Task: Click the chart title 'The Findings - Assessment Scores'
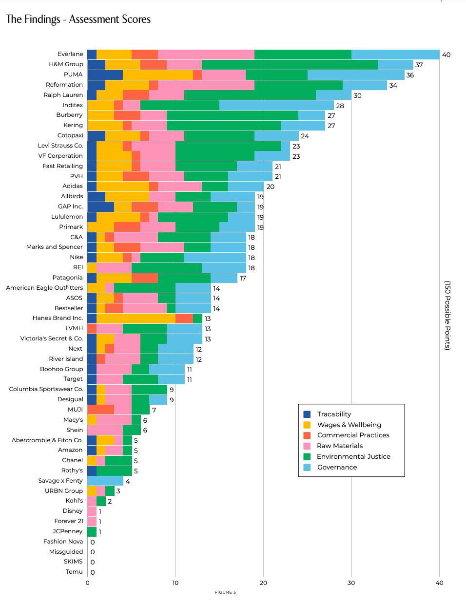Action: pos(78,19)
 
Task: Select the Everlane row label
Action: pos(70,54)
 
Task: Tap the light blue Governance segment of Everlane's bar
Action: pos(395,54)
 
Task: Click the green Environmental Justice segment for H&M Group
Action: pos(290,64)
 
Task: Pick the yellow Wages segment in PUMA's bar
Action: pos(157,75)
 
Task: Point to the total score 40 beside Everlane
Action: pos(446,55)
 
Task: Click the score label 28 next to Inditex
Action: pos(340,106)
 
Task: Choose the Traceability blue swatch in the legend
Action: pos(307,414)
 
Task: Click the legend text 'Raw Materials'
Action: pos(340,446)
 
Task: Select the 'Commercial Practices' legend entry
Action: pos(353,435)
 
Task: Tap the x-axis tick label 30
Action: pos(351,583)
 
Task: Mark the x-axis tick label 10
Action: pos(175,583)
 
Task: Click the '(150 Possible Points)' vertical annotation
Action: pos(447,315)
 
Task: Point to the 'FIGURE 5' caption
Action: pos(225,592)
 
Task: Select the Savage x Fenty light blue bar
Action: pos(105,481)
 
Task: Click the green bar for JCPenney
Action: pos(92,531)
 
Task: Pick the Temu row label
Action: pos(74,572)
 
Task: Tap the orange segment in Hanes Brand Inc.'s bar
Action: pos(184,318)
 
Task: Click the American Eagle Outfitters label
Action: pos(44,288)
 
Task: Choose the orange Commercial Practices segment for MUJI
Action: pos(100,410)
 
